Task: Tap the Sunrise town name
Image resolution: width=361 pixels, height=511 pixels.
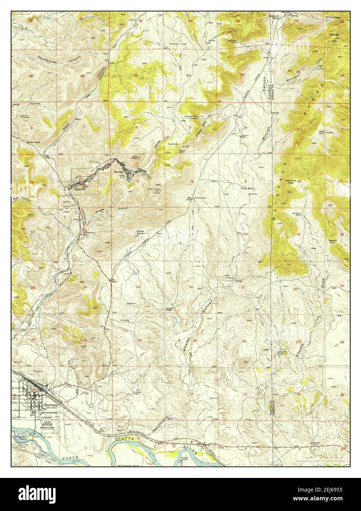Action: coord(118,172)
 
